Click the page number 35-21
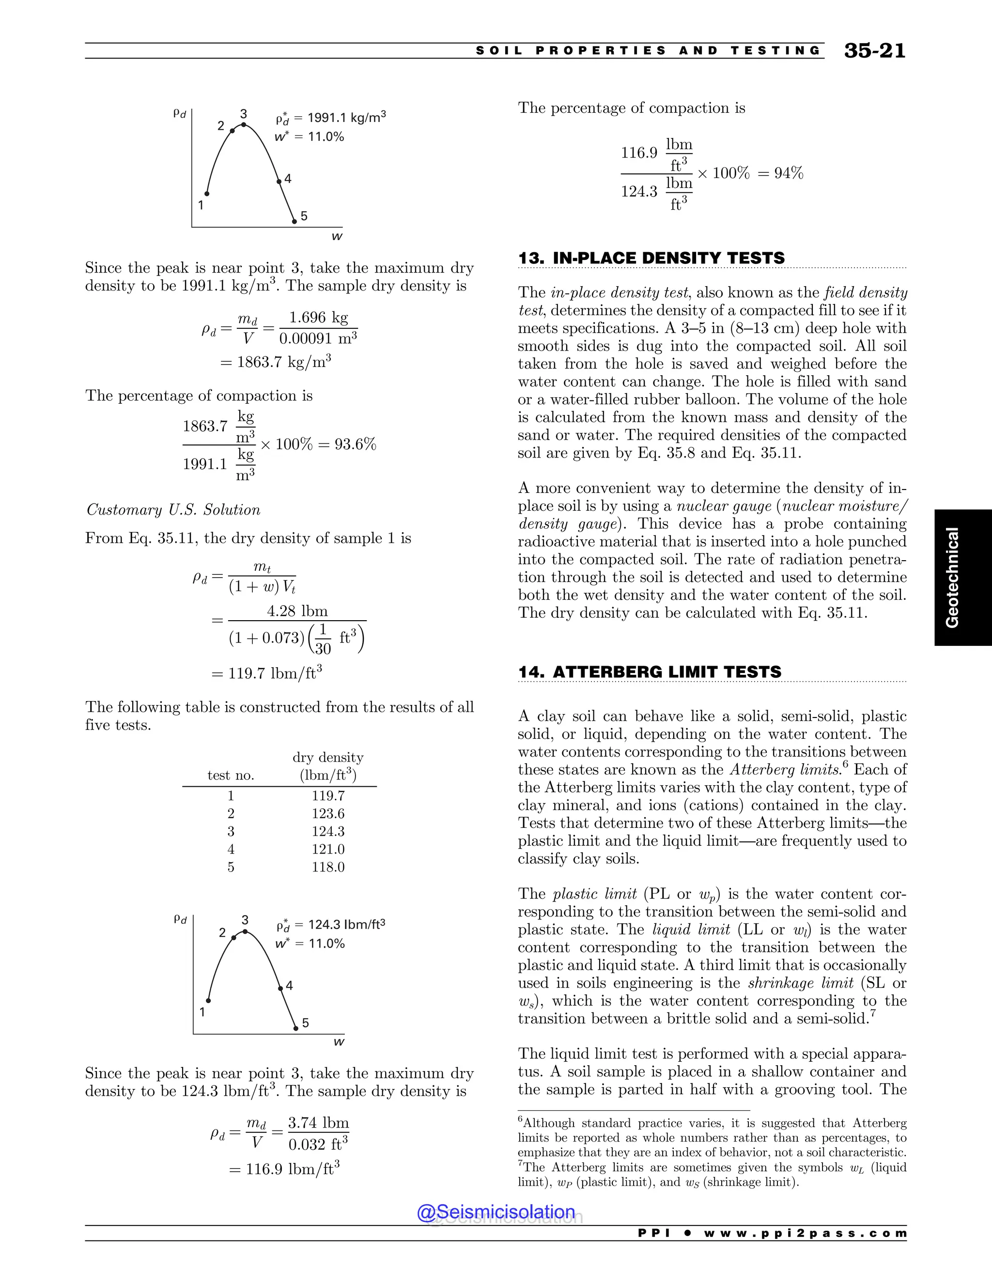point(874,51)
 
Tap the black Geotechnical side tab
point(962,578)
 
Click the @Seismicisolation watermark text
point(496,1212)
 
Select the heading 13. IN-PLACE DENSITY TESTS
point(651,258)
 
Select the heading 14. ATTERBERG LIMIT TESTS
point(650,672)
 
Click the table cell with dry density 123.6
point(328,814)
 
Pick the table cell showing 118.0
point(328,867)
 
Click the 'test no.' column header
point(231,776)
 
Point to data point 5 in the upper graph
point(294,221)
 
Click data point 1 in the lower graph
point(208,1000)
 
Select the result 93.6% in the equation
point(355,444)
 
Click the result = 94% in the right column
point(780,173)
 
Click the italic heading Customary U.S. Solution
point(173,510)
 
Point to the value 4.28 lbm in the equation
point(297,611)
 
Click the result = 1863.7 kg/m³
point(276,362)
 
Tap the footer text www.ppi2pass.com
point(805,1233)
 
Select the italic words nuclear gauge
point(724,506)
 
